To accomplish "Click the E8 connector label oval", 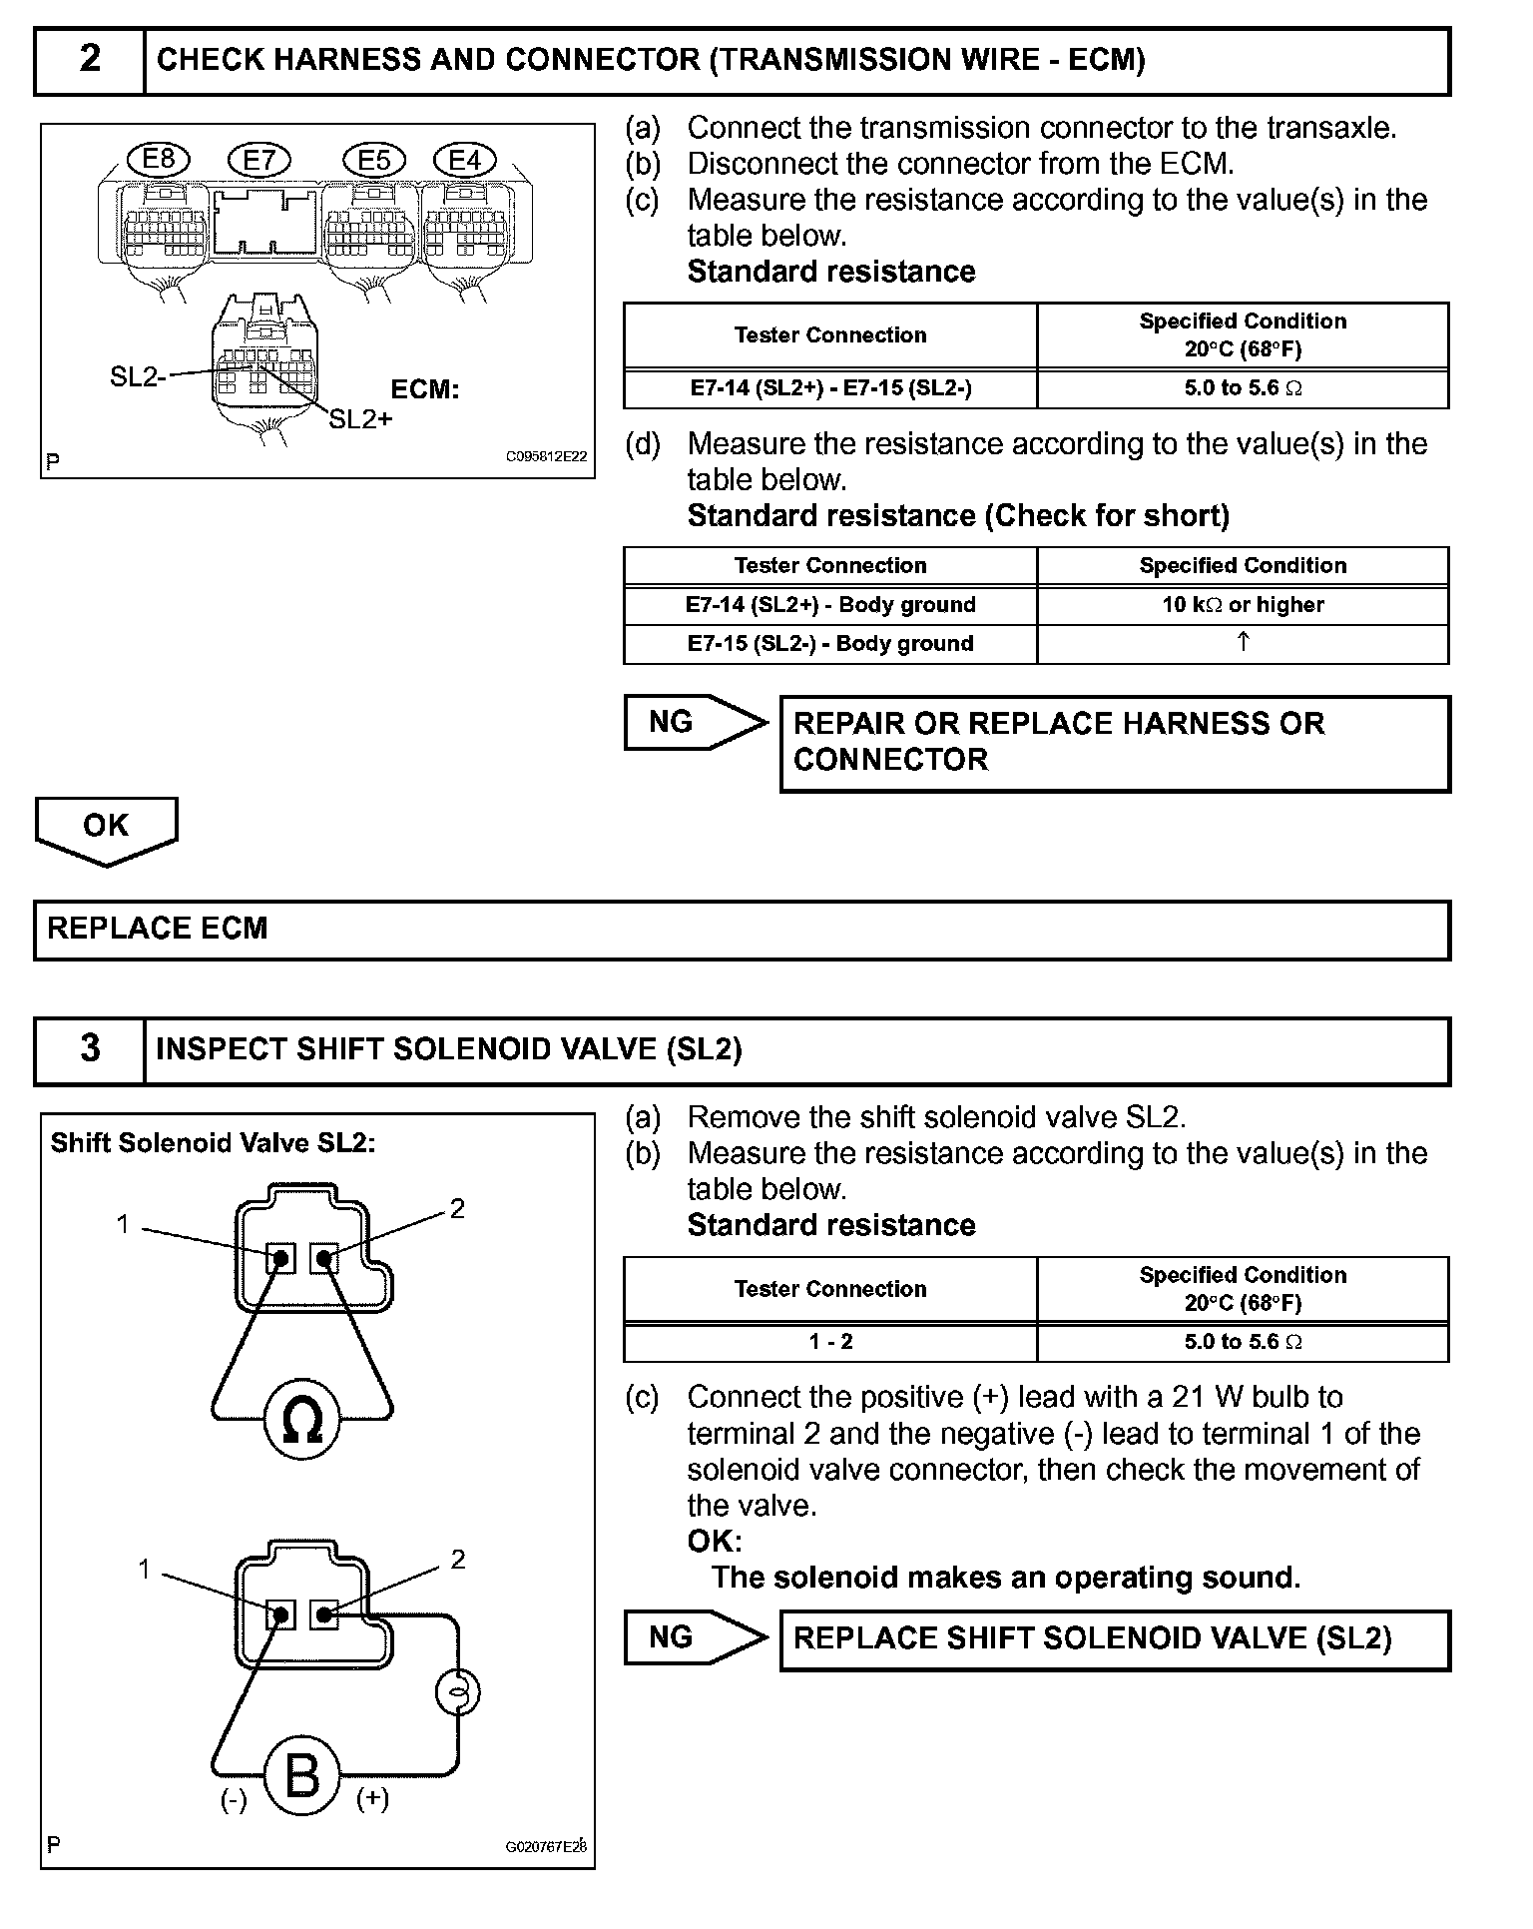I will (159, 159).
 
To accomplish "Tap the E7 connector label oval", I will (258, 160).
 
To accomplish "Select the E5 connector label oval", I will (373, 160).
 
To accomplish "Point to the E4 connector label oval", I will (464, 160).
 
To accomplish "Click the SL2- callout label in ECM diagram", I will (136, 376).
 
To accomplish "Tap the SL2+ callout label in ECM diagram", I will (360, 419).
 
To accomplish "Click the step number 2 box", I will (90, 60).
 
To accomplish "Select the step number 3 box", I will (90, 1048).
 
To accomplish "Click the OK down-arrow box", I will (106, 828).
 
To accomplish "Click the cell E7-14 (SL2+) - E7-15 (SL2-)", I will (830, 388).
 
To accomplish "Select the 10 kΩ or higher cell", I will (1243, 605).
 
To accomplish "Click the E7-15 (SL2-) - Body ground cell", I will (830, 644).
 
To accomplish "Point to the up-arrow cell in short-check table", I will (1243, 643).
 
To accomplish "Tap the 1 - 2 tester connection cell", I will (830, 1342).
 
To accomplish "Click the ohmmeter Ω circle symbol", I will (301, 1420).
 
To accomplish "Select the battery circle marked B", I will (301, 1776).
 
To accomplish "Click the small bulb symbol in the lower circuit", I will (458, 1691).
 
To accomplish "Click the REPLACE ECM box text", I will (158, 929).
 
